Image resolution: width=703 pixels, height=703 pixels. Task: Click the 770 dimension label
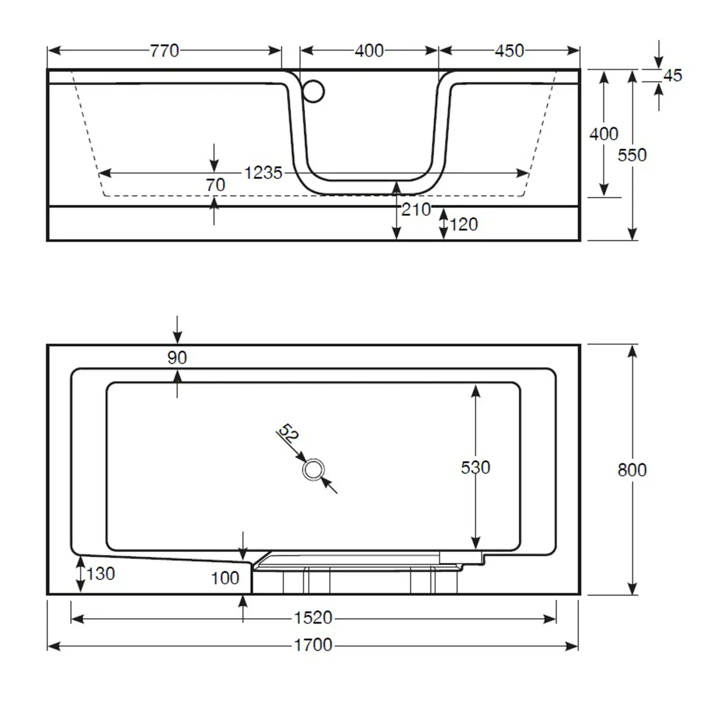pos(164,51)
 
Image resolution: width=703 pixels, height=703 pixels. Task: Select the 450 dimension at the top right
pos(510,51)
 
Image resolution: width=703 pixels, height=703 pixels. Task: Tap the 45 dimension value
pos(673,75)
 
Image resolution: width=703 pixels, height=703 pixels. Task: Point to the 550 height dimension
pos(632,155)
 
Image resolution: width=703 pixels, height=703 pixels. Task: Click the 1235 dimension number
pos(263,173)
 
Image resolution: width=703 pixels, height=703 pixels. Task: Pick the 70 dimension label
pos(215,184)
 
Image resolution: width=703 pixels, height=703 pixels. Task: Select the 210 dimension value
pos(416,210)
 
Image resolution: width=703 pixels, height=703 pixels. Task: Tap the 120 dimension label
pos(464,224)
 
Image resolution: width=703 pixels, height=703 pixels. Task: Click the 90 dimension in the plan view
pos(177,357)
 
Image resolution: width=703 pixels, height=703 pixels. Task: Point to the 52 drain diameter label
pos(289,434)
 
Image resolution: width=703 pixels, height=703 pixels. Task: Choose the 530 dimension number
pos(475,467)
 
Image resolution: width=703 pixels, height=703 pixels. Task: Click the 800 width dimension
pos(632,470)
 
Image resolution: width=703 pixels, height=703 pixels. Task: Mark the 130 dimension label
pos(101,574)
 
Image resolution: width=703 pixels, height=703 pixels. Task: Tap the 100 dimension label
pos(225,578)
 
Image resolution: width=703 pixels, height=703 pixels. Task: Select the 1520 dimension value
pos(313,618)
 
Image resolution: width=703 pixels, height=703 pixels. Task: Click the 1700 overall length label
pos(313,645)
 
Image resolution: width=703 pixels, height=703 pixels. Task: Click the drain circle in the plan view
pos(313,470)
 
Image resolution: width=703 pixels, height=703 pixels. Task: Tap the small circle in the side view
pos(313,92)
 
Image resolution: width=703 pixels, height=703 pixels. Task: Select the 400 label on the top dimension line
pos(369,51)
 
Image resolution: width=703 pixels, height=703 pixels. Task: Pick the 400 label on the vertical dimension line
pos(604,134)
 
